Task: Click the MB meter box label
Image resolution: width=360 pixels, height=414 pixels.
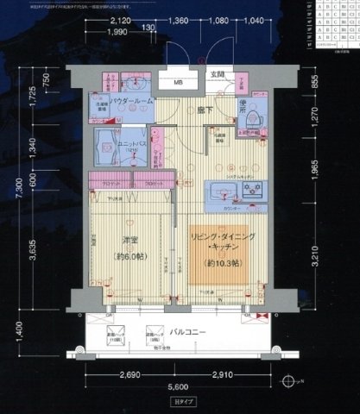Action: coord(178,84)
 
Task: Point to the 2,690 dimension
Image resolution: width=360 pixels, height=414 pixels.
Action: coord(129,376)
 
